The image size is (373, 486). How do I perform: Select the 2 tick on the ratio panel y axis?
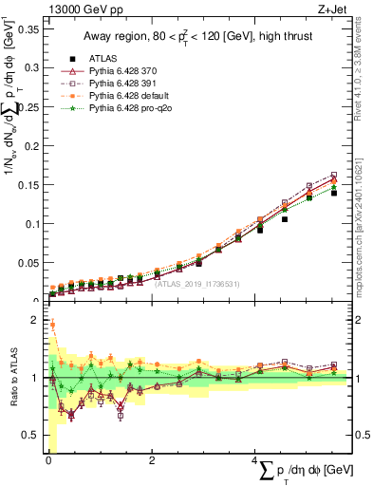tap(34, 320)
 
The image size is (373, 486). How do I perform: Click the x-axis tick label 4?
tap(255, 460)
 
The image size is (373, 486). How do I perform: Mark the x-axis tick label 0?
tap(48, 460)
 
